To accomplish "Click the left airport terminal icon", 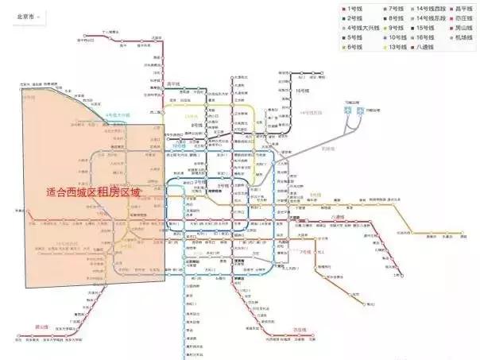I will [x=347, y=112].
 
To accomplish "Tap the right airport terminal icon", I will [x=360, y=112].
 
